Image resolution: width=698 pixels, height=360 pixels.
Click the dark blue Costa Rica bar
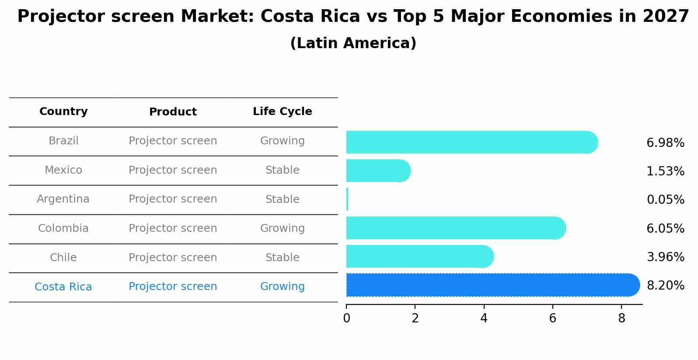[490, 285]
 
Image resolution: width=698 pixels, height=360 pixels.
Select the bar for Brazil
[470, 142]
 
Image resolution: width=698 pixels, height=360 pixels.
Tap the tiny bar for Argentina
[347, 199]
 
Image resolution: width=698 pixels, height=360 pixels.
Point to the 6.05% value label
[665, 228]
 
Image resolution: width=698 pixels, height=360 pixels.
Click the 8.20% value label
[665, 286]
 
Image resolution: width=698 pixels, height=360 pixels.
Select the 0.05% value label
[665, 200]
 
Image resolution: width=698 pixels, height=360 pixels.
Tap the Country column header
[63, 112]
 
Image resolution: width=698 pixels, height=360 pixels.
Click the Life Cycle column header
[282, 112]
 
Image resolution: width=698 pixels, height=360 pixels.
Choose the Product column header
[173, 112]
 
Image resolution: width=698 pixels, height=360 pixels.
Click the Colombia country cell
[63, 228]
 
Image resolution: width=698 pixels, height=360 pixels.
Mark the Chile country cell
[63, 258]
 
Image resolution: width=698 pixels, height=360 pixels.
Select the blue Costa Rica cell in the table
[63, 287]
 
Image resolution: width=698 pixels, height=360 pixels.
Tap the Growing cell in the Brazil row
[282, 141]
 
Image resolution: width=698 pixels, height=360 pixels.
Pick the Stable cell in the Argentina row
[282, 199]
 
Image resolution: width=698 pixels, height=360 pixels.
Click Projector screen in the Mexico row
[173, 170]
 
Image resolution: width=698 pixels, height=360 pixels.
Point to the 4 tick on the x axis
[484, 318]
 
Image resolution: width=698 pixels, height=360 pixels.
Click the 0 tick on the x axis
[346, 318]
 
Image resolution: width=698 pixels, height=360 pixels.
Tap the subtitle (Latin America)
[353, 43]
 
